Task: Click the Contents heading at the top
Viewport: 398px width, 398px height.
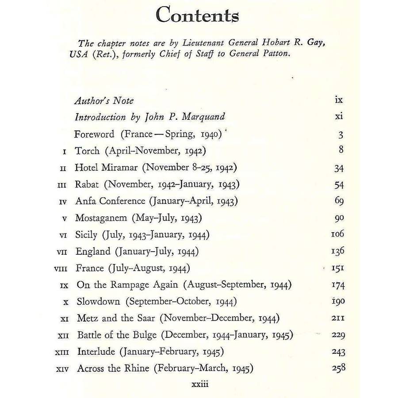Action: coord(197,15)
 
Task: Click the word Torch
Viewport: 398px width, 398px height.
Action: coord(88,151)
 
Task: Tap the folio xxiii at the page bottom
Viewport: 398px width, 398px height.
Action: coord(199,385)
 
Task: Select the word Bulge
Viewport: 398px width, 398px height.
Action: coord(143,335)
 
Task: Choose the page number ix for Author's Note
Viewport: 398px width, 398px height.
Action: coord(339,100)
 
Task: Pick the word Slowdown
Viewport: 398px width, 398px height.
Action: coord(98,302)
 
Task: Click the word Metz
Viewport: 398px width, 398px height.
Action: coord(87,318)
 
